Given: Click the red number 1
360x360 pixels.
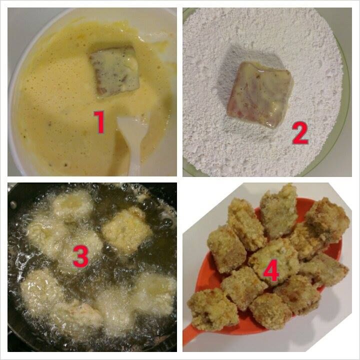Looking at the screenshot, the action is tap(99, 122).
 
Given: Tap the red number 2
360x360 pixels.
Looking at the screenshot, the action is tap(300, 133).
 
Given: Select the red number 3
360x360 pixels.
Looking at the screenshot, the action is tap(81, 256).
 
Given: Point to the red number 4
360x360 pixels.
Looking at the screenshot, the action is tap(271, 273).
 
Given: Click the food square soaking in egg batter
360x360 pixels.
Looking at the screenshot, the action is tap(114, 71).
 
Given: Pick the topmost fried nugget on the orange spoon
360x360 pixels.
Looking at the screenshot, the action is tap(278, 211).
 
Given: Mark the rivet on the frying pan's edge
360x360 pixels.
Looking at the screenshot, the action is tap(13, 204).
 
